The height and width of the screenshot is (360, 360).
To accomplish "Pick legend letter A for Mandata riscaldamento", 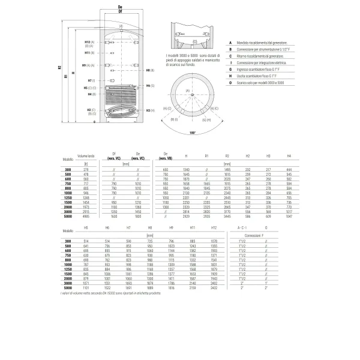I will click(x=232, y=43).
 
